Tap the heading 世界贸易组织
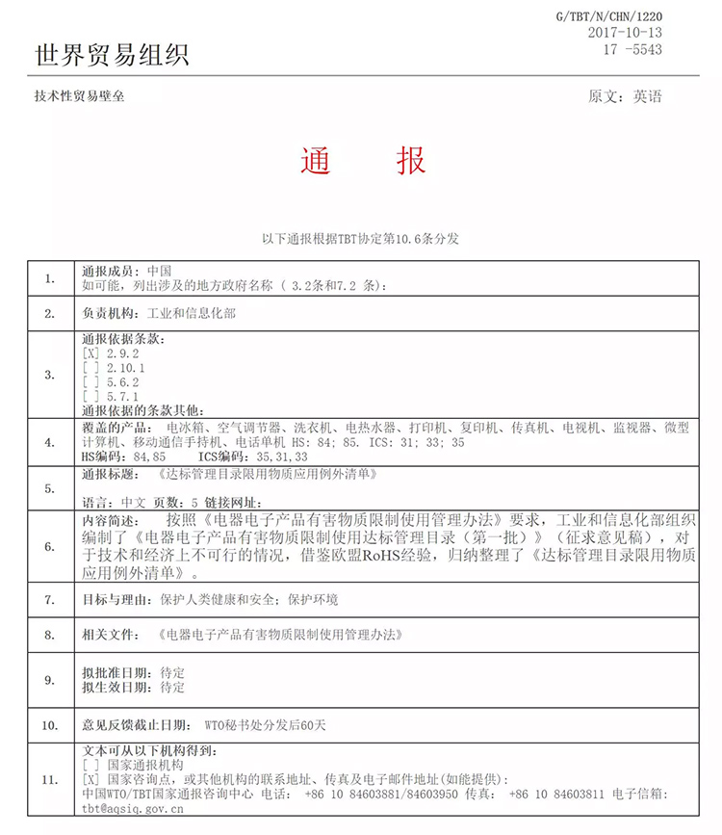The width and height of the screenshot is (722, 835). pyautogui.click(x=112, y=55)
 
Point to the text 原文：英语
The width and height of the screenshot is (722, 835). pyautogui.click(x=625, y=96)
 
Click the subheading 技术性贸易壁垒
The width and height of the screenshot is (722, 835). pyautogui.click(x=79, y=96)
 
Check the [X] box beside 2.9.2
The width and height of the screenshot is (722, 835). pyautogui.click(x=91, y=353)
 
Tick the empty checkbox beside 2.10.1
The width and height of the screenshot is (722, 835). pyautogui.click(x=91, y=368)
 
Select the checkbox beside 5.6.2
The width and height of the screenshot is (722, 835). pyautogui.click(x=91, y=381)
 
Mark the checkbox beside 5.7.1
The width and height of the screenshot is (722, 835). pyautogui.click(x=91, y=396)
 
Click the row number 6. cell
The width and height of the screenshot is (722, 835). pyautogui.click(x=50, y=546)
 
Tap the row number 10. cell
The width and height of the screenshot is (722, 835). pyautogui.click(x=50, y=721)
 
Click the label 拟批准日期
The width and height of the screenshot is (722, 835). pyautogui.click(x=116, y=672)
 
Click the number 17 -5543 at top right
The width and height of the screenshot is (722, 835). pyautogui.click(x=632, y=48)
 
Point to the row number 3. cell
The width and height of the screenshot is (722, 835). pyautogui.click(x=50, y=375)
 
